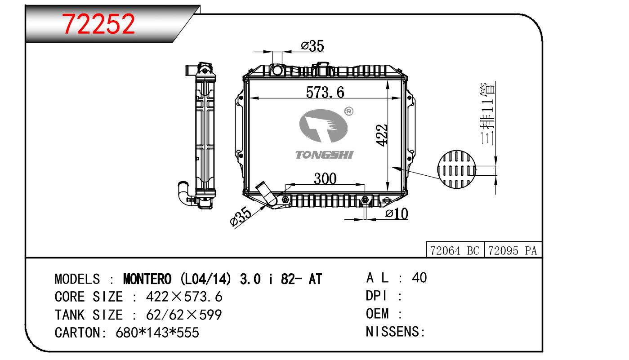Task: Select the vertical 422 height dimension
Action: click(382, 135)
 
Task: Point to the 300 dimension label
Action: click(325, 179)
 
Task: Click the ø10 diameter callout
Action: click(397, 214)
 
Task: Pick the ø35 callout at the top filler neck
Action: click(312, 46)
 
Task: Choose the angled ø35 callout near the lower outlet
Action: click(241, 218)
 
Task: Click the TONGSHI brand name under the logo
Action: click(324, 155)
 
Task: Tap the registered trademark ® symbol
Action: click(349, 111)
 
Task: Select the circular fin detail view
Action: click(456, 170)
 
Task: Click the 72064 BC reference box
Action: click(455, 251)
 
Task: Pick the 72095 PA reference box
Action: click(513, 251)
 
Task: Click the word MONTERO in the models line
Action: click(147, 279)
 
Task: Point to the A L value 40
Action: click(419, 278)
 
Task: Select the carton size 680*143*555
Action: click(157, 333)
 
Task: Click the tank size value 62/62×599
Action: click(183, 315)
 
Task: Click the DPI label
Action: click(377, 296)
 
